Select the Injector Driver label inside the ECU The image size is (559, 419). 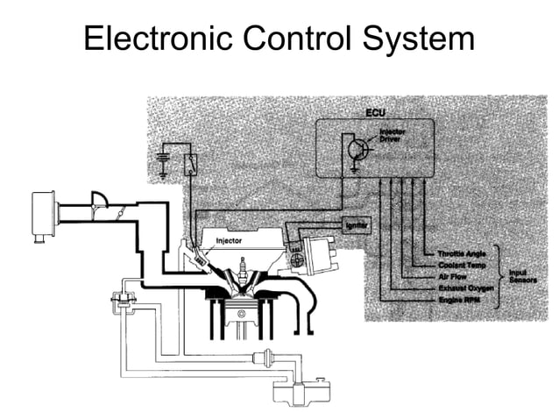pyautogui.click(x=392, y=137)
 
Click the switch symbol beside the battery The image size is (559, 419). pyautogui.click(x=190, y=162)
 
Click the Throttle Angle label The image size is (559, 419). pyautogui.click(x=461, y=254)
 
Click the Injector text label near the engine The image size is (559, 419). pyautogui.click(x=230, y=239)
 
